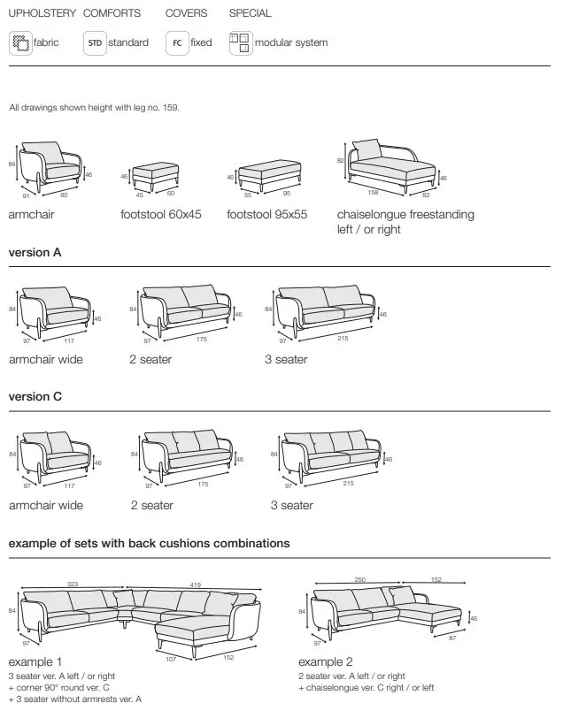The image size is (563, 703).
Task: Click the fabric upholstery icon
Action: (19, 42)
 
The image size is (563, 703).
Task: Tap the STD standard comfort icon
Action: (95, 42)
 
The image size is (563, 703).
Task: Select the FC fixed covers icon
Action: (177, 42)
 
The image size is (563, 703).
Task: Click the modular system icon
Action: (240, 42)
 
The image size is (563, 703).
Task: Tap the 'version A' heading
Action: (35, 252)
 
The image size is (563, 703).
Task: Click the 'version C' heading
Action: (35, 397)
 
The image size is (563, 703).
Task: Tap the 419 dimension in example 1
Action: (192, 585)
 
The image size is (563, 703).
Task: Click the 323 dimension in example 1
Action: (73, 585)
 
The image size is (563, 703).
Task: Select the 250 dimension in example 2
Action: (360, 579)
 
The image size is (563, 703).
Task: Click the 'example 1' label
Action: (35, 661)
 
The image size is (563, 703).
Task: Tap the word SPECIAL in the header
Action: (251, 13)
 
